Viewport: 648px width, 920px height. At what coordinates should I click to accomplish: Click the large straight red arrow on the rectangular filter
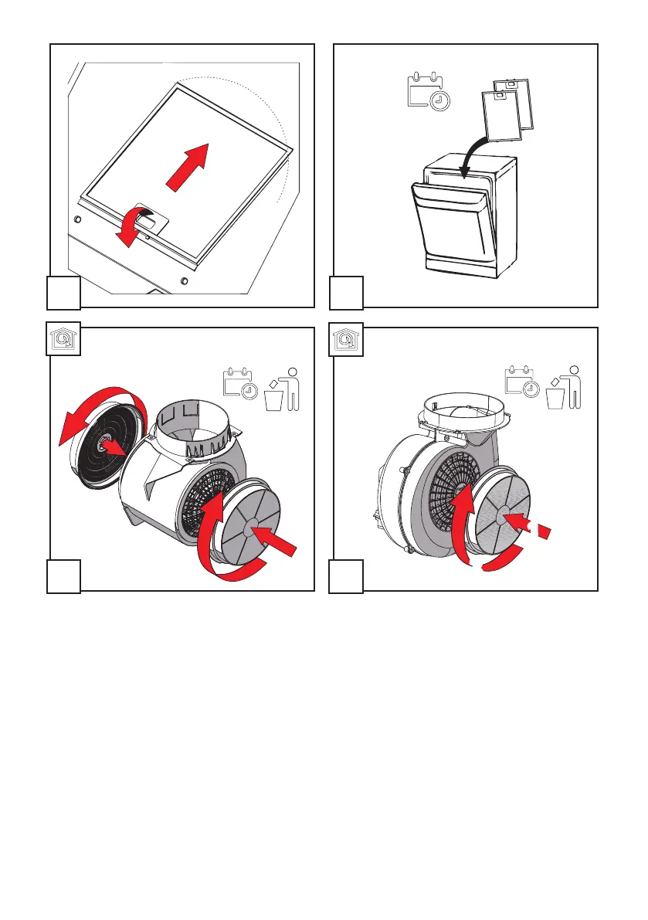pyautogui.click(x=188, y=165)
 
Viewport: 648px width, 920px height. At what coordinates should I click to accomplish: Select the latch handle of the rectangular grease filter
pyautogui.click(x=149, y=219)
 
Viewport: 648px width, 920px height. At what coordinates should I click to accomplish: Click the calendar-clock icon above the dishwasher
pyautogui.click(x=429, y=92)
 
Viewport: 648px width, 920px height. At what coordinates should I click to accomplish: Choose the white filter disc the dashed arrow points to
pyautogui.click(x=500, y=513)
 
